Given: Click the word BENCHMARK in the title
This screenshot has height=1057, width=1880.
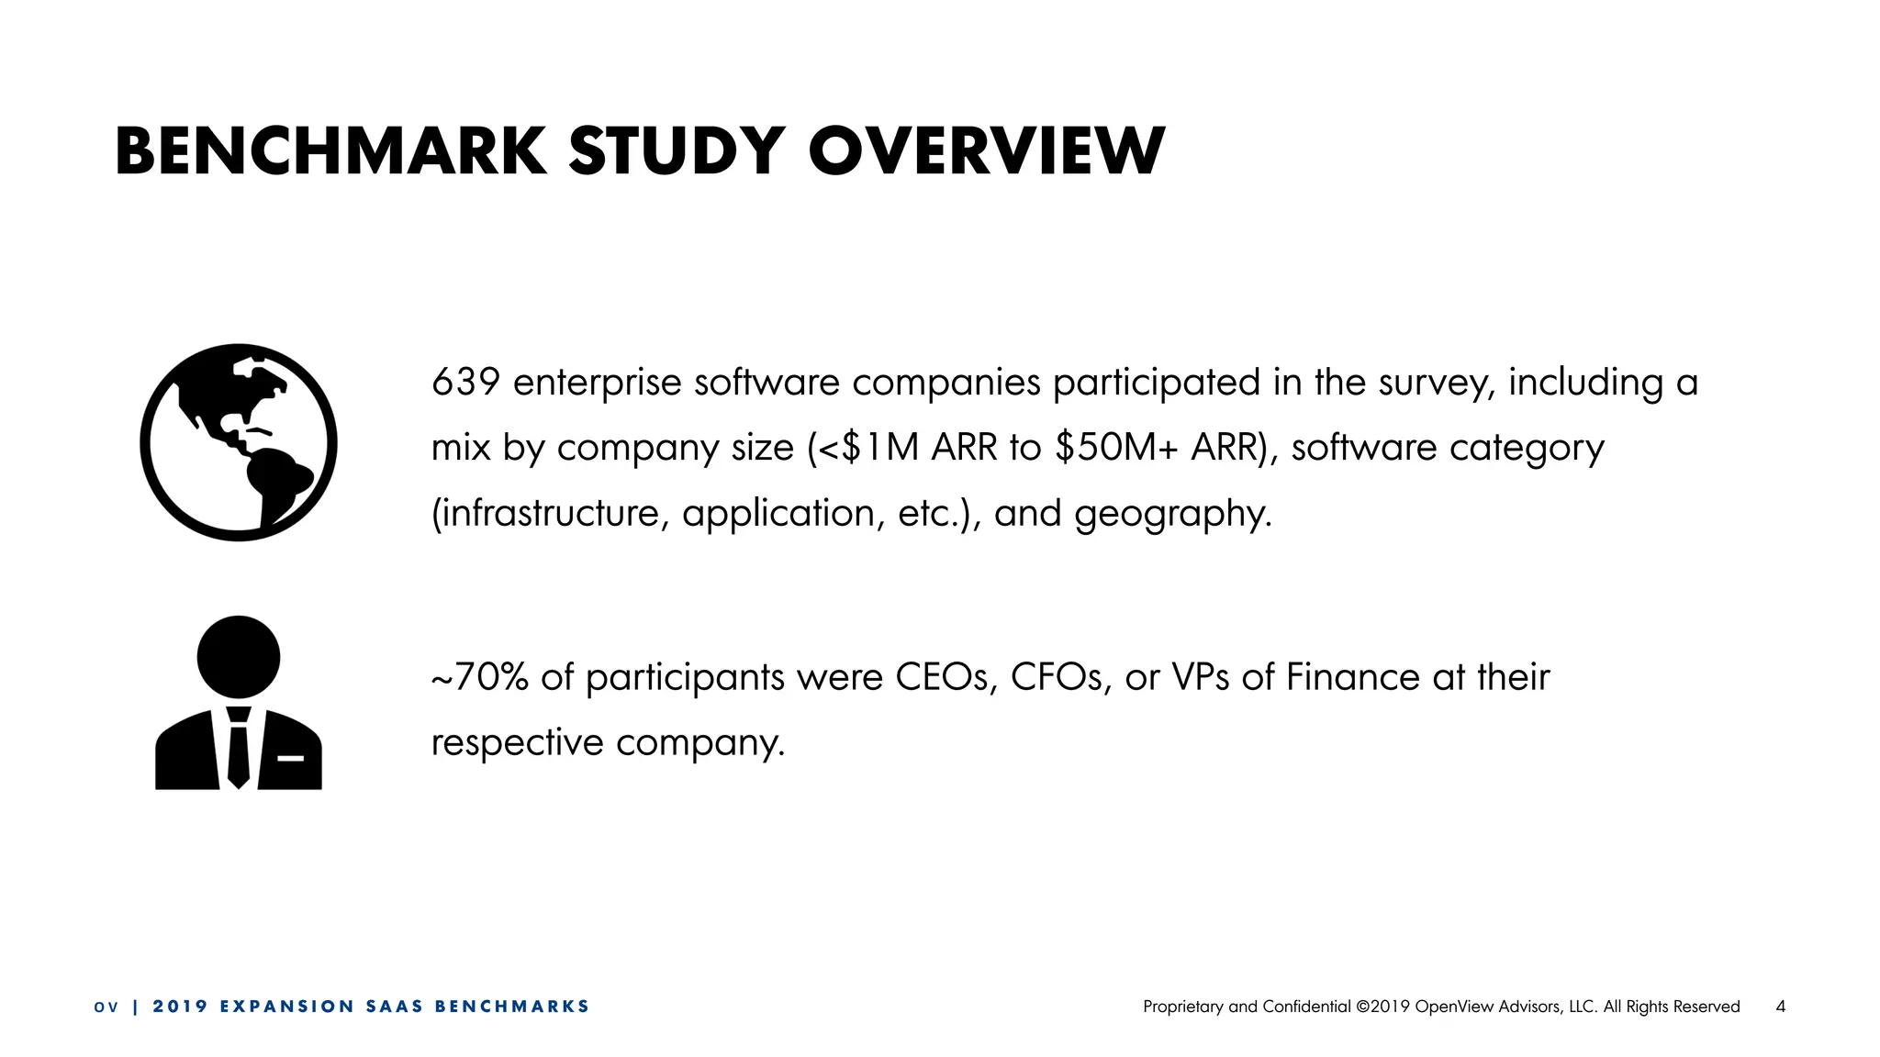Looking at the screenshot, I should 330,151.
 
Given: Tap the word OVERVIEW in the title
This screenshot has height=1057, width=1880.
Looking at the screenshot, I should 987,151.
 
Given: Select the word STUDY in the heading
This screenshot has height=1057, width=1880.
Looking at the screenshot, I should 677,151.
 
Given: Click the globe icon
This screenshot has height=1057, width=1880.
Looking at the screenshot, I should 239,442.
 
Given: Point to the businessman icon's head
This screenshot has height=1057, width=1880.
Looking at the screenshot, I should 239,657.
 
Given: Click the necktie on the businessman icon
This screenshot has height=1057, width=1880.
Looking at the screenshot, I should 239,749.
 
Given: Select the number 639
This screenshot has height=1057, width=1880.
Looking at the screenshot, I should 465,383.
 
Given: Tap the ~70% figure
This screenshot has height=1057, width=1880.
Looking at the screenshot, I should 479,677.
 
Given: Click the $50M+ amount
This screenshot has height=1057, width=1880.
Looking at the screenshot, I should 1116,448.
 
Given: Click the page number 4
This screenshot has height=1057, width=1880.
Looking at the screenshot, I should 1781,1007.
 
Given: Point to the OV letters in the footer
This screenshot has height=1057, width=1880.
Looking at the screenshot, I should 106,1007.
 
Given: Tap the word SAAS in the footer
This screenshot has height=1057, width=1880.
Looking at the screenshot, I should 395,1007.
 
